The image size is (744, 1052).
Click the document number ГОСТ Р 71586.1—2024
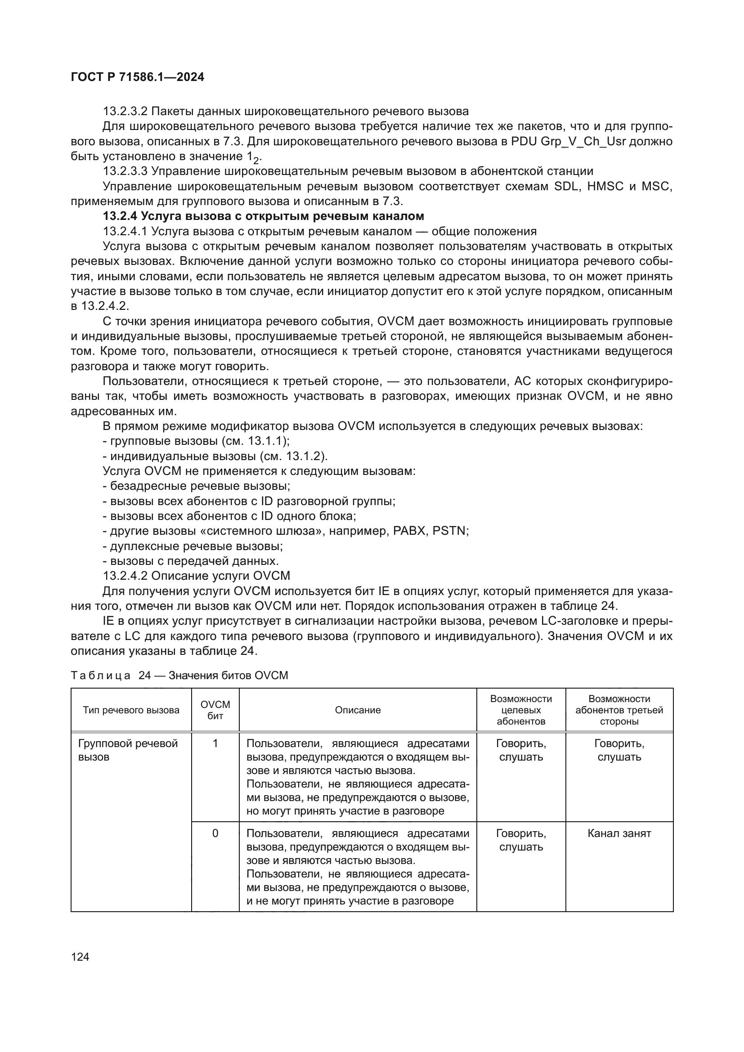coord(138,77)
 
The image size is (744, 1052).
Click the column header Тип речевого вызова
coord(131,710)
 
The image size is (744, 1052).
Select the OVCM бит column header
coord(215,710)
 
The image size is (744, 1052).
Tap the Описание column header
coord(357,710)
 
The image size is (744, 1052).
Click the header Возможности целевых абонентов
coord(521,710)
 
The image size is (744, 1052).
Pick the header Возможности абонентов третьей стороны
coord(619,710)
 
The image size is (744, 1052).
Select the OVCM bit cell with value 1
coord(215,743)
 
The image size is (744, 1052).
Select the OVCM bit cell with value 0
coord(215,833)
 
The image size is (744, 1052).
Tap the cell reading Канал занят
coord(619,833)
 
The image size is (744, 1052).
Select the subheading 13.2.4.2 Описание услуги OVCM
coord(197,576)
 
